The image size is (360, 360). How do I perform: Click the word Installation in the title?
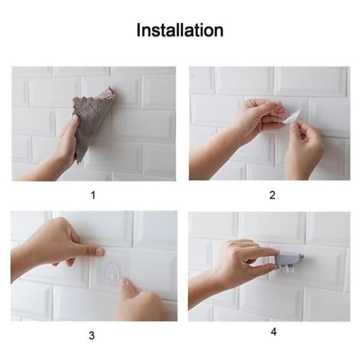click(180, 30)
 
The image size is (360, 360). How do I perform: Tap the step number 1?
click(92, 195)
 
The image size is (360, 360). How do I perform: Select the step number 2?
click(272, 195)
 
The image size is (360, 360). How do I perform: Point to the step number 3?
click(92, 335)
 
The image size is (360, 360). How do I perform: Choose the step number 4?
click(273, 331)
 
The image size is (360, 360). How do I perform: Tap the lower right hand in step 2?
click(303, 153)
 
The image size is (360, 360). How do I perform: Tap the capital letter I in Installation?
click(139, 30)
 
